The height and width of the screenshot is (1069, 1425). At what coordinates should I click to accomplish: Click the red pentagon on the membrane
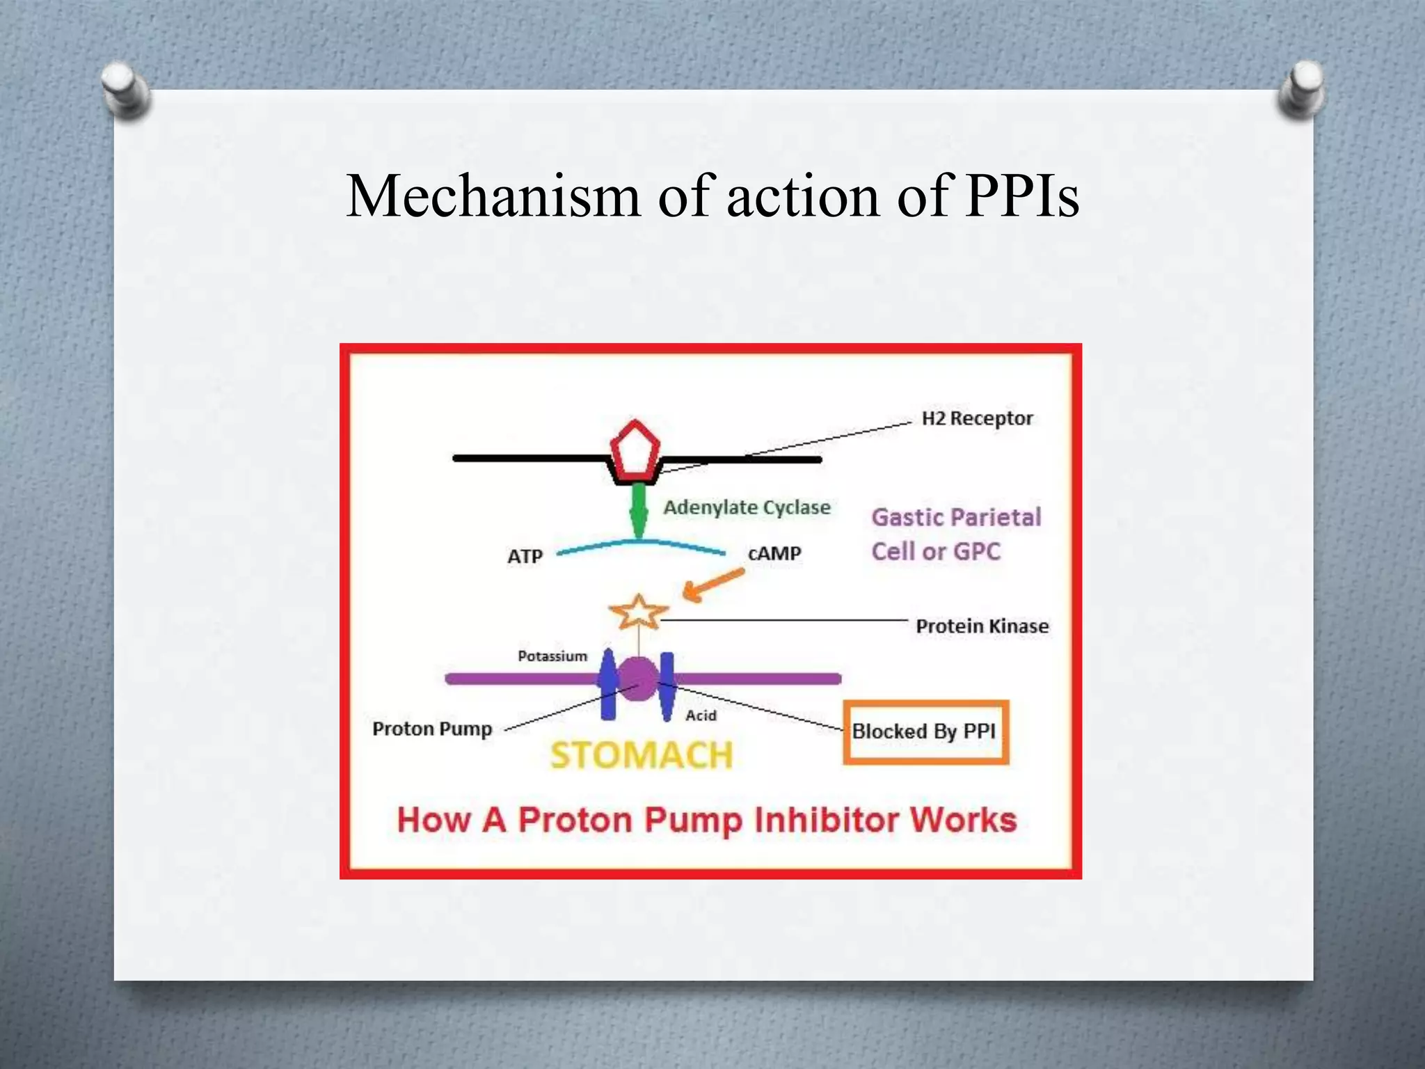tap(635, 452)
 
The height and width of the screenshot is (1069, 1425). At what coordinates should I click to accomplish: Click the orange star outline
tap(638, 613)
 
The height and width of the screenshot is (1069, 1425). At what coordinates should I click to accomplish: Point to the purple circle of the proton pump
tap(637, 679)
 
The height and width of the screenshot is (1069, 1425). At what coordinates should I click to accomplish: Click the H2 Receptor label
tap(976, 418)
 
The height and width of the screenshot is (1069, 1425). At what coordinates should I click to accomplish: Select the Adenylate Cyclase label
tap(747, 507)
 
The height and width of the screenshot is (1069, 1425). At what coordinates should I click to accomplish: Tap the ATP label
tap(525, 557)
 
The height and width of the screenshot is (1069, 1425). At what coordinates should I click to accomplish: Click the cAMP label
tap(774, 554)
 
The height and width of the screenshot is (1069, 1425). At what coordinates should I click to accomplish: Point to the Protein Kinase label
tap(982, 626)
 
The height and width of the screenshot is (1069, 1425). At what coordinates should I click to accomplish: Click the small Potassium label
tap(552, 656)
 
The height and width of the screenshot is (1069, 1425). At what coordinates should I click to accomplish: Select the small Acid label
tap(701, 715)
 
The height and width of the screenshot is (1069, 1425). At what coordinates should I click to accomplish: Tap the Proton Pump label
tap(432, 729)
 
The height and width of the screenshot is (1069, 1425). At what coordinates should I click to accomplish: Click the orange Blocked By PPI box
tap(925, 732)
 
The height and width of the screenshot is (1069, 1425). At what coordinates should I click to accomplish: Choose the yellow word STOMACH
tap(642, 755)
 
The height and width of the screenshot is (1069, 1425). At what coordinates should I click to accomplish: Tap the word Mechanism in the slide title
tap(493, 197)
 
